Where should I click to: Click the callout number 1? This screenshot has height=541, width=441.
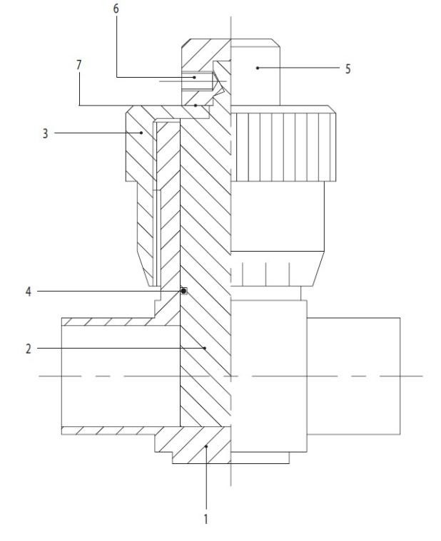click(206, 519)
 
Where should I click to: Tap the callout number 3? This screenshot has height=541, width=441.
click(46, 133)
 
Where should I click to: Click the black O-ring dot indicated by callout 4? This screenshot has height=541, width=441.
click(183, 291)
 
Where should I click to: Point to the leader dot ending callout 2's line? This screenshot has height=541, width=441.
click(206, 348)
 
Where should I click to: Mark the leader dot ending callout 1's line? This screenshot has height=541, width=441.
click(206, 445)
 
